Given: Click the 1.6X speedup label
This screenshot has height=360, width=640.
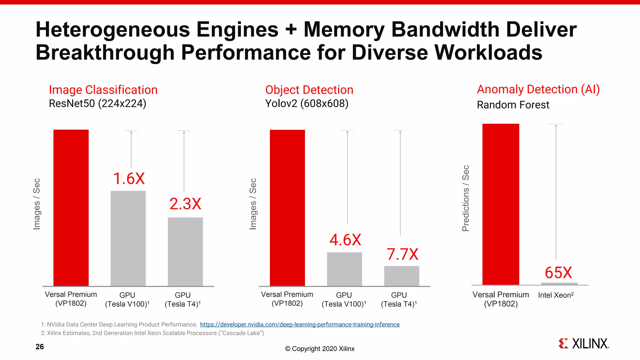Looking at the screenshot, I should [x=129, y=179].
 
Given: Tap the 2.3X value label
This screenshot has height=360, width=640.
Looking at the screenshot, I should [x=185, y=204].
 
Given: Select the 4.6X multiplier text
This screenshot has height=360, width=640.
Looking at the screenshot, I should [x=345, y=240].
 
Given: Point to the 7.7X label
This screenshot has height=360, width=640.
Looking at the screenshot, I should [x=402, y=254].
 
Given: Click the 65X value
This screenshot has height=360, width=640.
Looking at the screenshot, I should [x=558, y=272].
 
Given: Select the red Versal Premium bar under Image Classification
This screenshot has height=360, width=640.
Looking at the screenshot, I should [x=71, y=208].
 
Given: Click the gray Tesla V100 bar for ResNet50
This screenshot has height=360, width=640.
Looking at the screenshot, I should [x=128, y=238].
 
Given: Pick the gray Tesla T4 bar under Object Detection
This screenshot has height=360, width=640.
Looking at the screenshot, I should [x=402, y=276].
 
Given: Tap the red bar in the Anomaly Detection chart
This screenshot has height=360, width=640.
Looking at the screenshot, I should [x=501, y=204].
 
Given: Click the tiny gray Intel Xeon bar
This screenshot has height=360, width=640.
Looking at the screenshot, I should [x=559, y=284].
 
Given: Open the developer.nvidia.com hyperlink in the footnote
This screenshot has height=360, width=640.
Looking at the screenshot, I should [x=300, y=324].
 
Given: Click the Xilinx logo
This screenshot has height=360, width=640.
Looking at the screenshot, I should [x=583, y=343].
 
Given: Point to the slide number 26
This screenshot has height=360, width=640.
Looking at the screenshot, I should [x=40, y=347].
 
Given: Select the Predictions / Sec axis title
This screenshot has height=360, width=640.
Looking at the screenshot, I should [x=466, y=198].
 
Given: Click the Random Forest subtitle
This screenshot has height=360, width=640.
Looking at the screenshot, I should [x=513, y=105].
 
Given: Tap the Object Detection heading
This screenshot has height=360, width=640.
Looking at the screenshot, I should [x=309, y=90].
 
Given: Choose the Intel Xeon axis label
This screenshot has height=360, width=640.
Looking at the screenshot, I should [x=556, y=295].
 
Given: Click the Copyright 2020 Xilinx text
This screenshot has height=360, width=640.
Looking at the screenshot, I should [x=320, y=349].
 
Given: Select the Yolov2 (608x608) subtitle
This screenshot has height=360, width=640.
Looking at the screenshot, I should [x=307, y=103].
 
